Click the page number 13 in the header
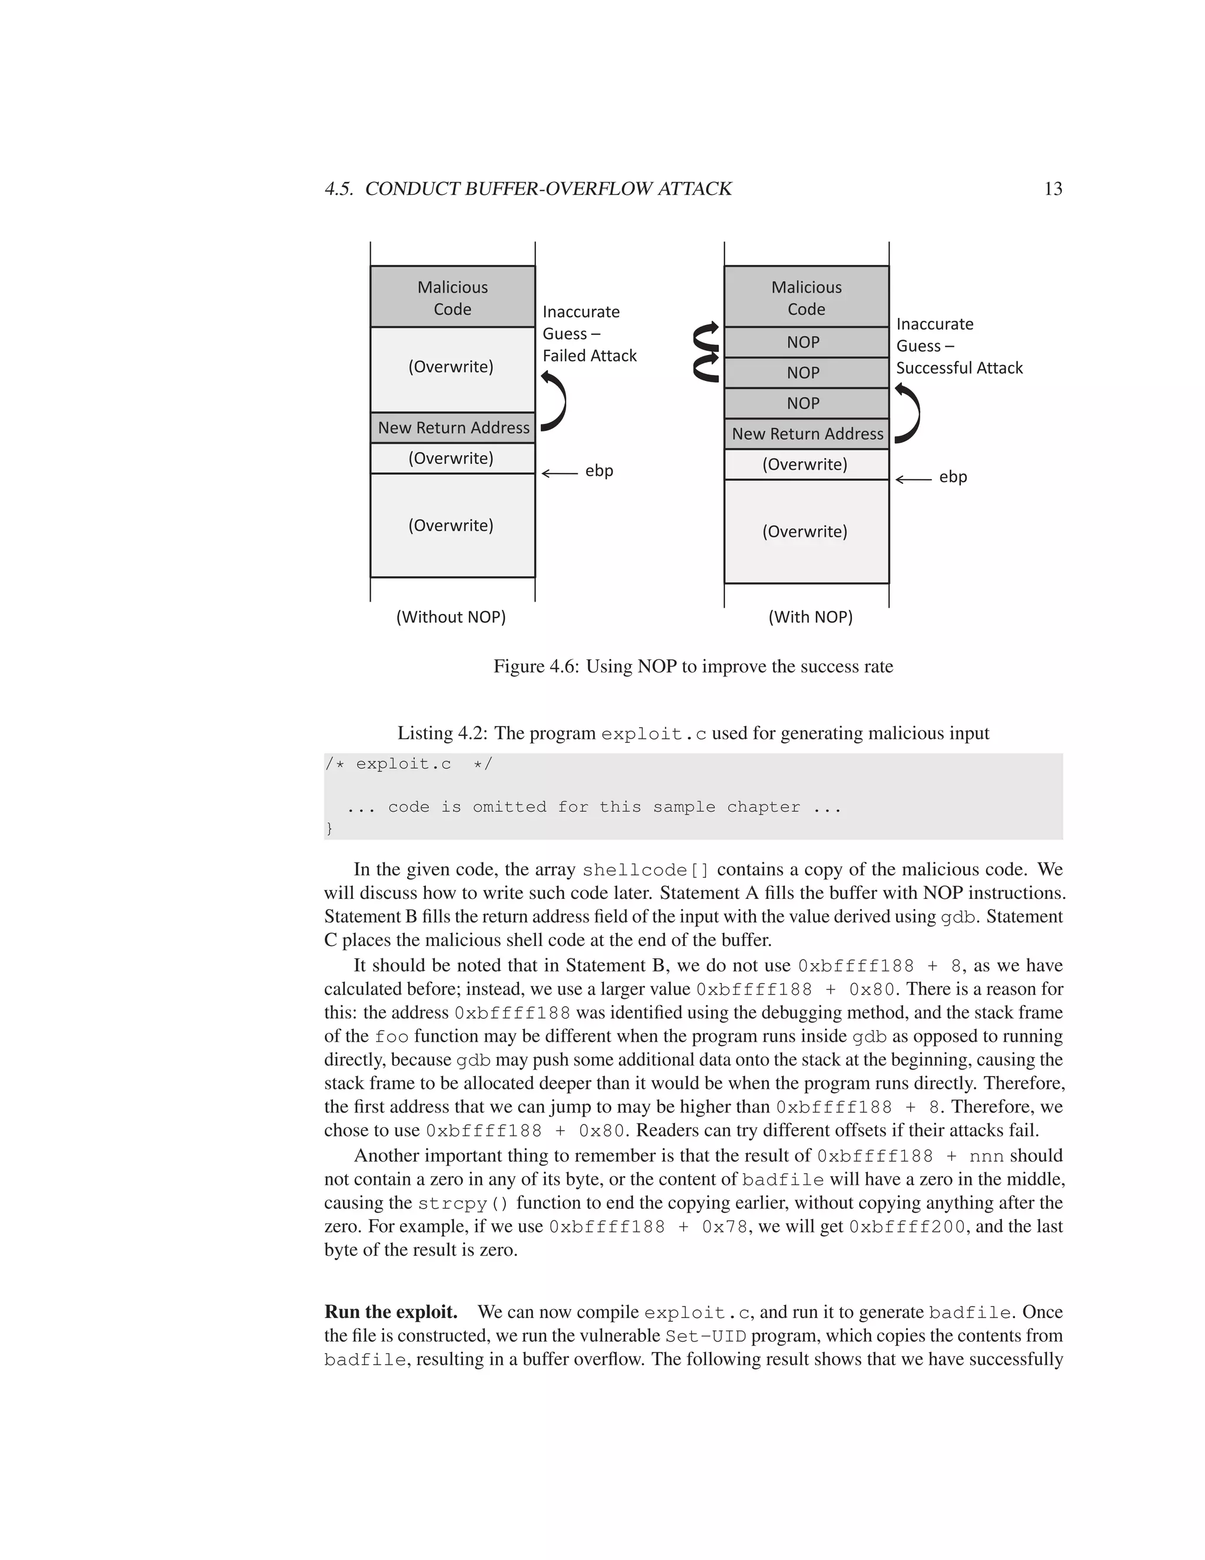(1053, 188)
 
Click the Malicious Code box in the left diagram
(452, 297)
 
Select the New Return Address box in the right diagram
(807, 434)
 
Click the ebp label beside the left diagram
(599, 471)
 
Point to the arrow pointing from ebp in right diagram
(913, 479)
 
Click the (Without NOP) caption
(451, 616)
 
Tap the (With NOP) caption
(810, 616)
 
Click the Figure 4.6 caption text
(693, 666)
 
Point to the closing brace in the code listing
(329, 828)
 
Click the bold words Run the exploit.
(391, 1312)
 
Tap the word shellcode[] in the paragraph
(645, 870)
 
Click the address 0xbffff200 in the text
(906, 1226)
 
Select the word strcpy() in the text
(463, 1203)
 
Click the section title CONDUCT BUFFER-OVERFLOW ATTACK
(548, 188)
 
